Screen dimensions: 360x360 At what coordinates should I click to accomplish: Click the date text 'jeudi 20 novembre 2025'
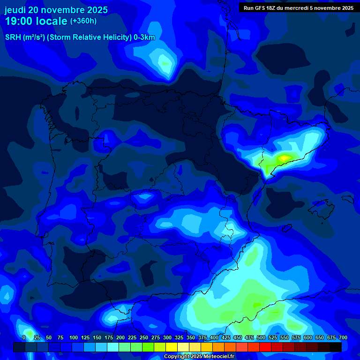click(x=56, y=10)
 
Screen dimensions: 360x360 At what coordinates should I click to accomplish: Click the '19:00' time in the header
click(x=19, y=21)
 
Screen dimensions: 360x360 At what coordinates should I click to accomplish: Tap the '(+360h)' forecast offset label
click(x=83, y=21)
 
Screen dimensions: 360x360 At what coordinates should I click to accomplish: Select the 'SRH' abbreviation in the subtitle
click(x=13, y=37)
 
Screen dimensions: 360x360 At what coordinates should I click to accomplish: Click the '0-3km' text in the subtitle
click(x=144, y=37)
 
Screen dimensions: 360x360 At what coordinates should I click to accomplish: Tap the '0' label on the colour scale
click(x=24, y=337)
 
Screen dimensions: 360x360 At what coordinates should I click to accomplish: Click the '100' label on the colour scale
click(x=74, y=337)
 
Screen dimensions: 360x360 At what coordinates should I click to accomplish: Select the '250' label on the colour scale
click(x=144, y=337)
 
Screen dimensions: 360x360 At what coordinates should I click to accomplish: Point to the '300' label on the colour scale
click(x=167, y=337)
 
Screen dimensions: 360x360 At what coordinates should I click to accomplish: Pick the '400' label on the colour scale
click(x=214, y=337)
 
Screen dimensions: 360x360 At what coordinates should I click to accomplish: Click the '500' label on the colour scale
click(x=261, y=337)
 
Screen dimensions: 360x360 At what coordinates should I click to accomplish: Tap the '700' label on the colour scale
click(x=343, y=337)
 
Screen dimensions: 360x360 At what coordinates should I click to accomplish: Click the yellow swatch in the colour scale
click(x=172, y=347)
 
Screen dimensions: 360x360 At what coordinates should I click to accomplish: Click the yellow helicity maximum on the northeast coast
click(x=285, y=158)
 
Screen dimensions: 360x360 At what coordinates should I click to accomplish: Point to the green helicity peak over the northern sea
click(x=165, y=62)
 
